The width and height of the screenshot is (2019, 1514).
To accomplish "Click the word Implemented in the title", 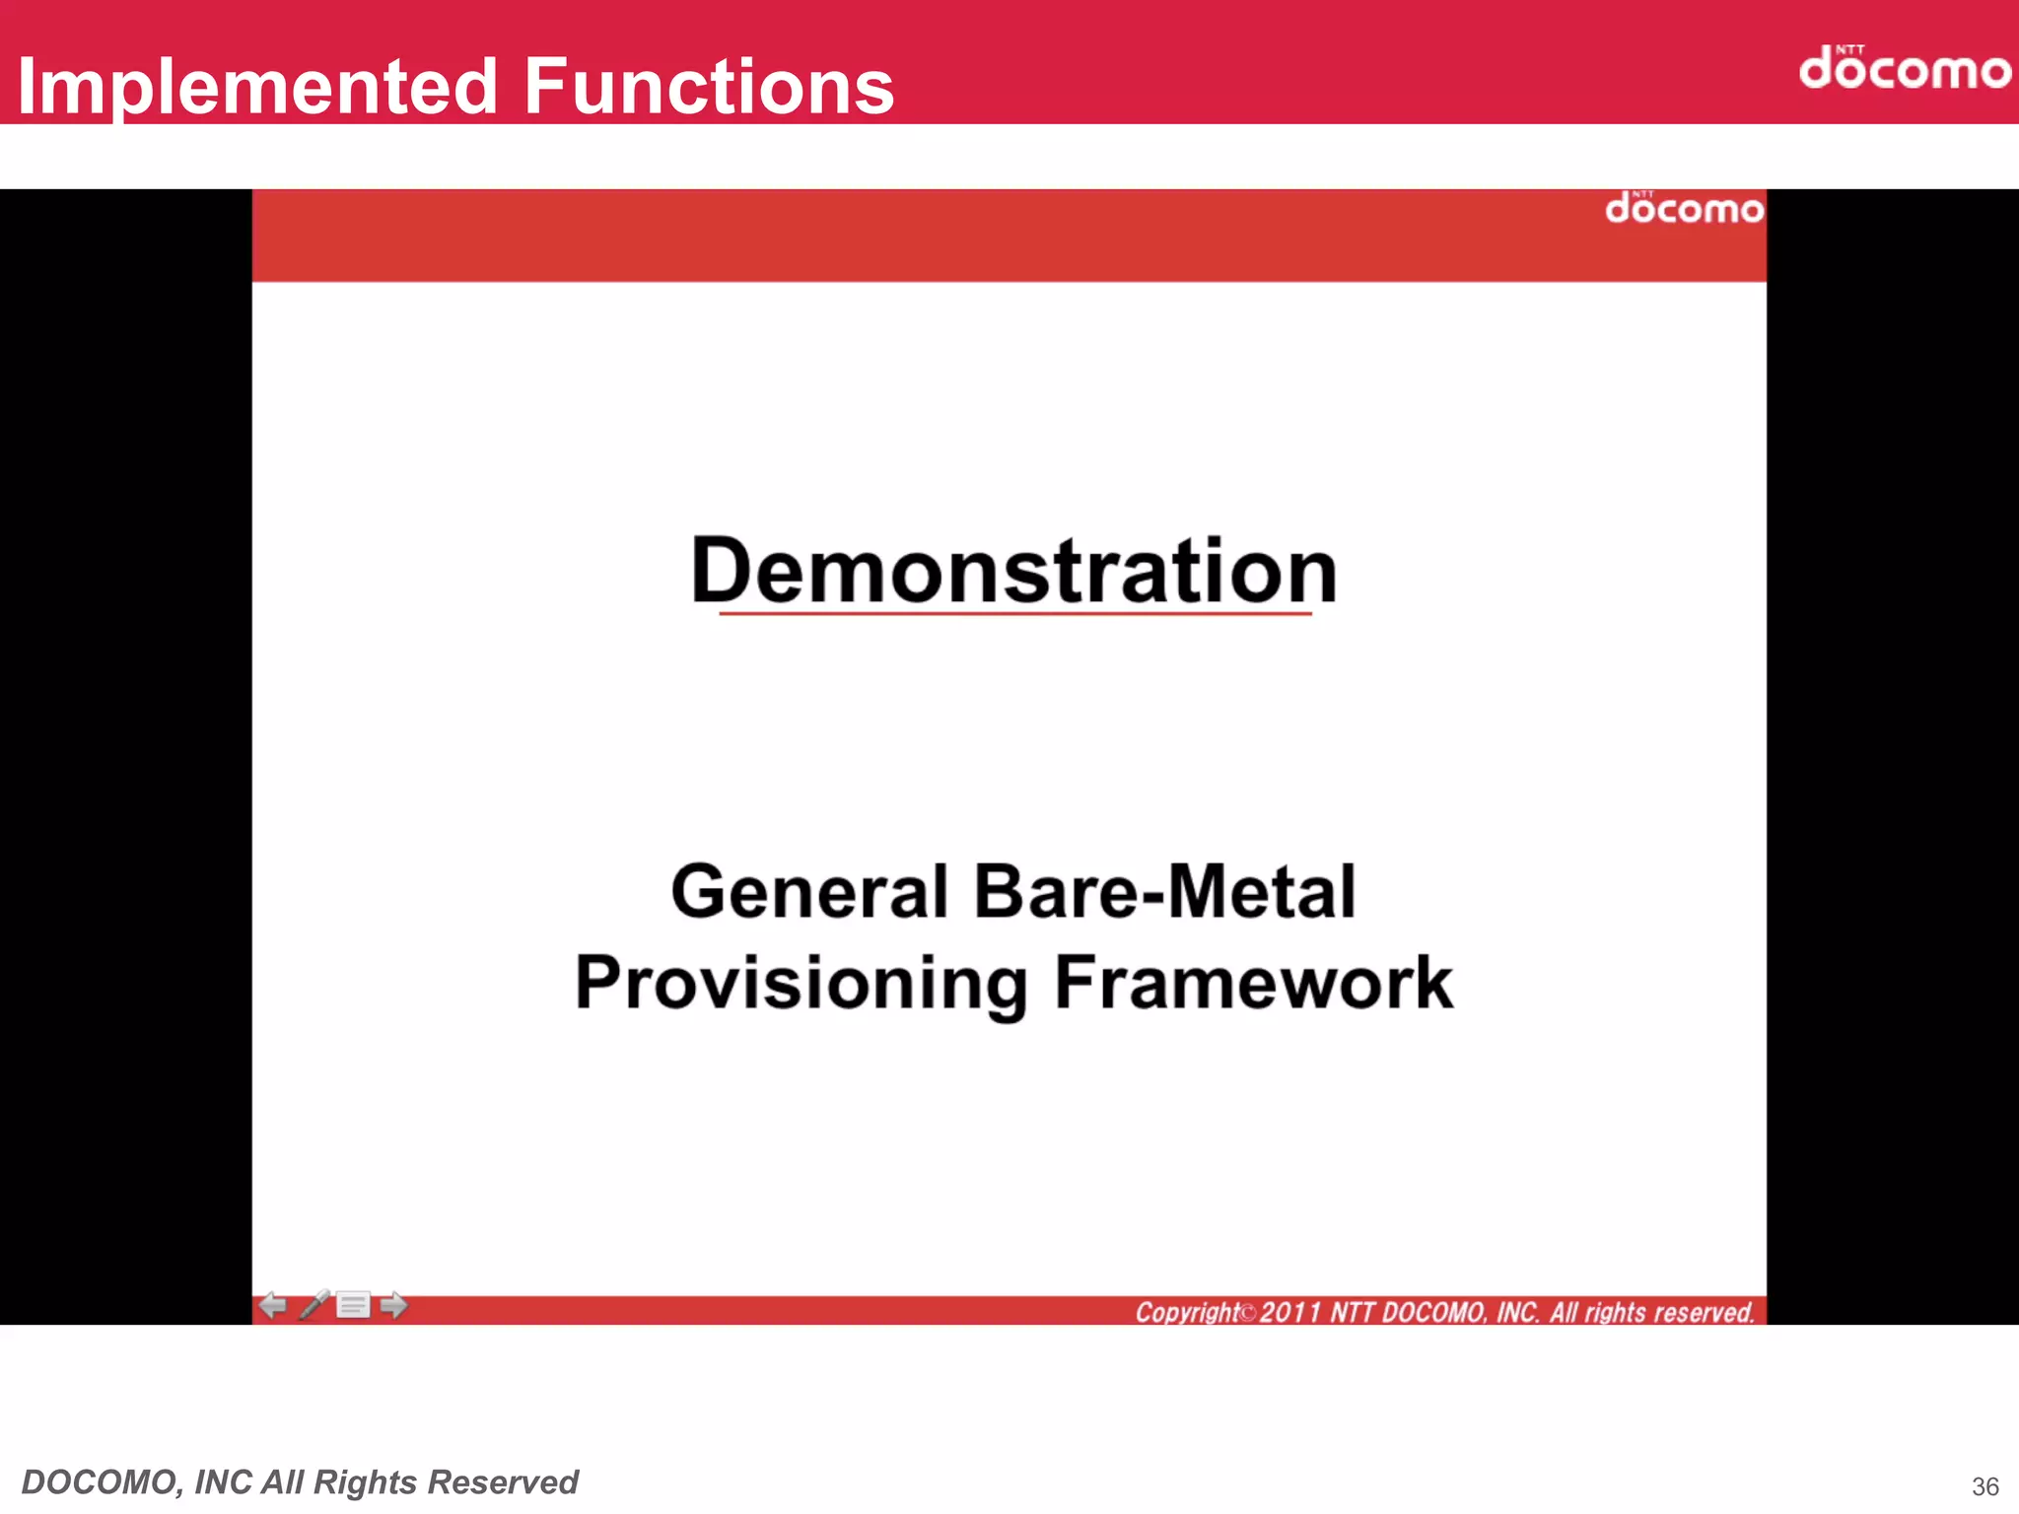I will [258, 87].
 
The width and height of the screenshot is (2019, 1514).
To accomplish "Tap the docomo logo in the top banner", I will [1904, 68].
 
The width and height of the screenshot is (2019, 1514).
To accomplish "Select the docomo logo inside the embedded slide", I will [1684, 208].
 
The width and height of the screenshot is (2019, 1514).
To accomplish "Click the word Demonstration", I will [1013, 571].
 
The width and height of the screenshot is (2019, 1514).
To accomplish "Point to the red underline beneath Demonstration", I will [1015, 614].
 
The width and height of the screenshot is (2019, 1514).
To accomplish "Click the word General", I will [808, 892].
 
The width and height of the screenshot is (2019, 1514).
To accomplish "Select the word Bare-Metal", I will [1164, 892].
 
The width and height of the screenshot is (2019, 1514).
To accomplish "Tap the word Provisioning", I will [801, 984].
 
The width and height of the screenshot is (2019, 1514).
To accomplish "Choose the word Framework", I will [1253, 984].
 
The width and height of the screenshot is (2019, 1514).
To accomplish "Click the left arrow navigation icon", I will [273, 1306].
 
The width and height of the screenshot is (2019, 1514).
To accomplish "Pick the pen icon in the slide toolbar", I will [314, 1304].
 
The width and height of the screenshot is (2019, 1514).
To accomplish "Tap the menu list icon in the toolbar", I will [353, 1306].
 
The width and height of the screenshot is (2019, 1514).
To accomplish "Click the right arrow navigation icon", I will [393, 1306].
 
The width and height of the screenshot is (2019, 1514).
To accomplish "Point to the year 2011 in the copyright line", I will [1289, 1313].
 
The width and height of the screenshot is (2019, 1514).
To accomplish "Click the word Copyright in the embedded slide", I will [1187, 1313].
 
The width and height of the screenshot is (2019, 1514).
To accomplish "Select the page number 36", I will [1984, 1486].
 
